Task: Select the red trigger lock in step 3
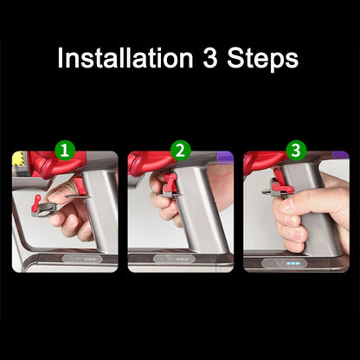click(x=283, y=183)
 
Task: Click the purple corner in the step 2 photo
click(x=226, y=157)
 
